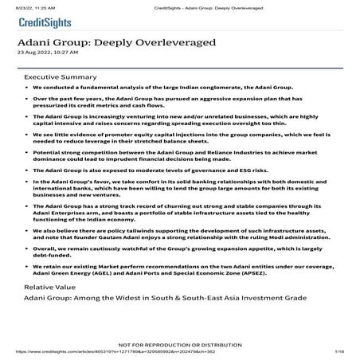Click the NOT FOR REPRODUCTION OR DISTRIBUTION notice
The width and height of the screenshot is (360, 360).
(x=180, y=344)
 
